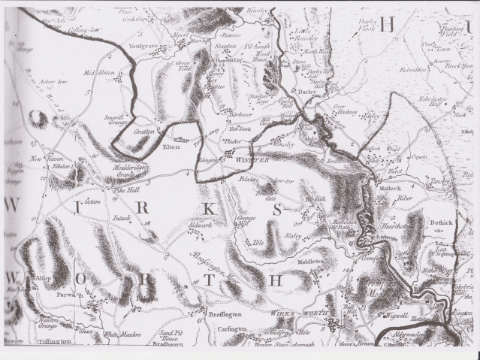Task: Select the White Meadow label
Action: tap(120, 334)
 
